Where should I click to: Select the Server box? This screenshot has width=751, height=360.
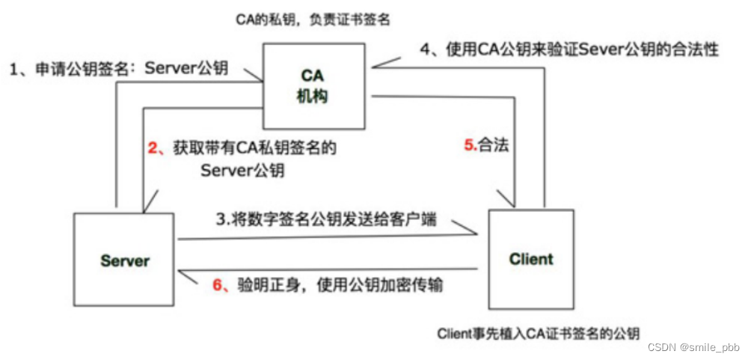[125, 260]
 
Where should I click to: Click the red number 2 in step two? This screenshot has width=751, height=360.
[152, 148]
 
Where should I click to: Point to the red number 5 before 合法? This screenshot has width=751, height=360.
[469, 145]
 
